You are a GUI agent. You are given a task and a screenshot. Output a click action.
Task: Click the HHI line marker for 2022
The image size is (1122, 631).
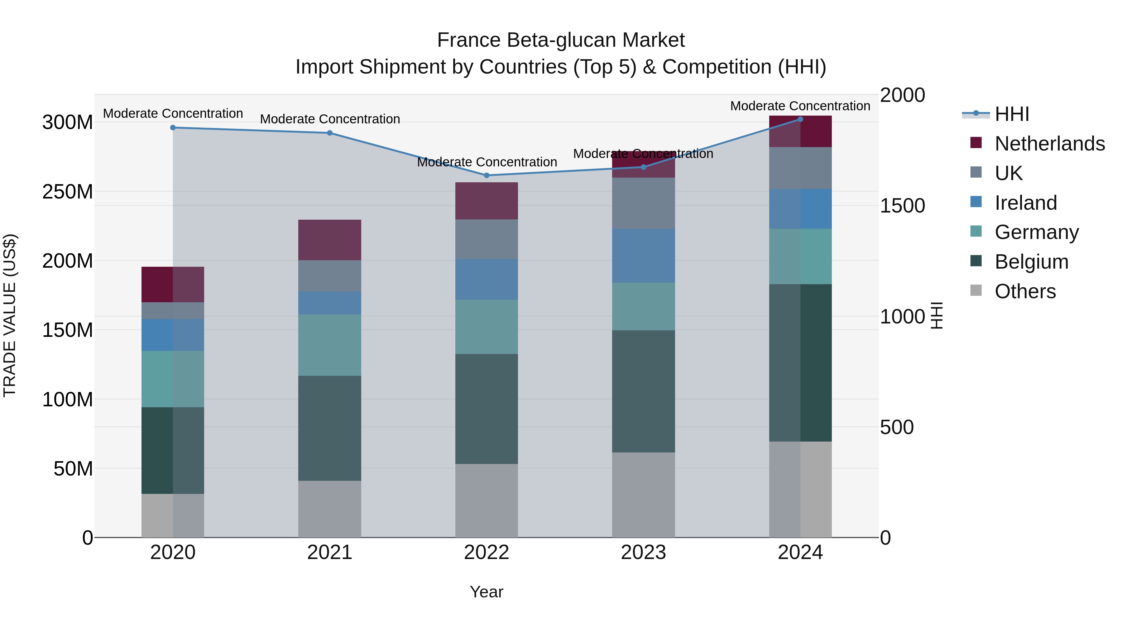487,175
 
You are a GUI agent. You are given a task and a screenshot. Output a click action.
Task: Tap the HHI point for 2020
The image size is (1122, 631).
173,127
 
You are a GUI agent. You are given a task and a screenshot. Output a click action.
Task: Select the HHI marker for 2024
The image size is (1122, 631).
800,119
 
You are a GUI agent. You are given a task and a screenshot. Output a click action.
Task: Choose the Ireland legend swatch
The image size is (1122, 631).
976,202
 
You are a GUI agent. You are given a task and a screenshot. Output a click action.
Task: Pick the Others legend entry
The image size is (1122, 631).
1025,291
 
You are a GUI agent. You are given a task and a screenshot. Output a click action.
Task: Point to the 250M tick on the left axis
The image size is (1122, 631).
68,192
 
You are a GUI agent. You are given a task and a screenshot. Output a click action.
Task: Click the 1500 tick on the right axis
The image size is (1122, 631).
902,206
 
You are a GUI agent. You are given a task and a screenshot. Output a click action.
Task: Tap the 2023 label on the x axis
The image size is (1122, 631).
643,552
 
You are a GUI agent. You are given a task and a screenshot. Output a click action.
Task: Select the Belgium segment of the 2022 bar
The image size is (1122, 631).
487,409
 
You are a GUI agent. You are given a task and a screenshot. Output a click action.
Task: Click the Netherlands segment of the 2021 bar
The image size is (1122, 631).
330,240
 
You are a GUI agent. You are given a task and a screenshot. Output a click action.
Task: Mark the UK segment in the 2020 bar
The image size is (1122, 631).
173,310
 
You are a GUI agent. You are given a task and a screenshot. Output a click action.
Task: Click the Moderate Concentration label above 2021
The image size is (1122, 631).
330,119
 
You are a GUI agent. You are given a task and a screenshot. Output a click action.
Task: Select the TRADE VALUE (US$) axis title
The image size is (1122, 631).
10,315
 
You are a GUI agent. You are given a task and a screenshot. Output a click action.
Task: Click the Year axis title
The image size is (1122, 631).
487,592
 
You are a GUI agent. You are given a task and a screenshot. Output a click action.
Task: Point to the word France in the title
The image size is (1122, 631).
469,40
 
